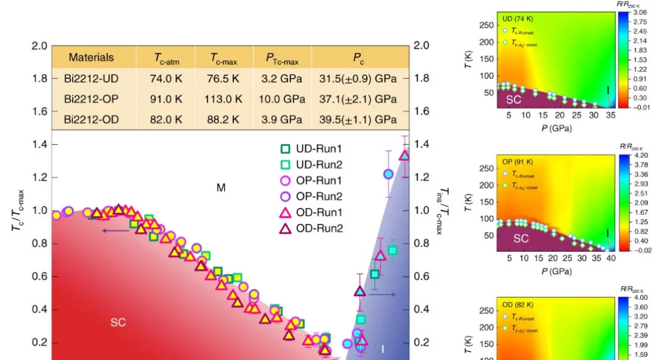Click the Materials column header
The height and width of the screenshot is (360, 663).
tap(91, 58)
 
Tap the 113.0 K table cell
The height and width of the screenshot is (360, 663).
tap(224, 99)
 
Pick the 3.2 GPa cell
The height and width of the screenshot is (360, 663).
tap(282, 79)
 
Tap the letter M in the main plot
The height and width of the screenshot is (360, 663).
tap(221, 187)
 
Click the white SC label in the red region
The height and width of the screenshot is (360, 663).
tap(118, 322)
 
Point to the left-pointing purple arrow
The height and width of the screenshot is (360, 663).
tap(115, 231)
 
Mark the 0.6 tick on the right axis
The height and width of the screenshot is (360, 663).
tap(421, 276)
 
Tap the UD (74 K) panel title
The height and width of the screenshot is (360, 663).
tap(516, 19)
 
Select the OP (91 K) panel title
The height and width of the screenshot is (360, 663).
tap(517, 162)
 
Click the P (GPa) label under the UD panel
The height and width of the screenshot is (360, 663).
tap(555, 128)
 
